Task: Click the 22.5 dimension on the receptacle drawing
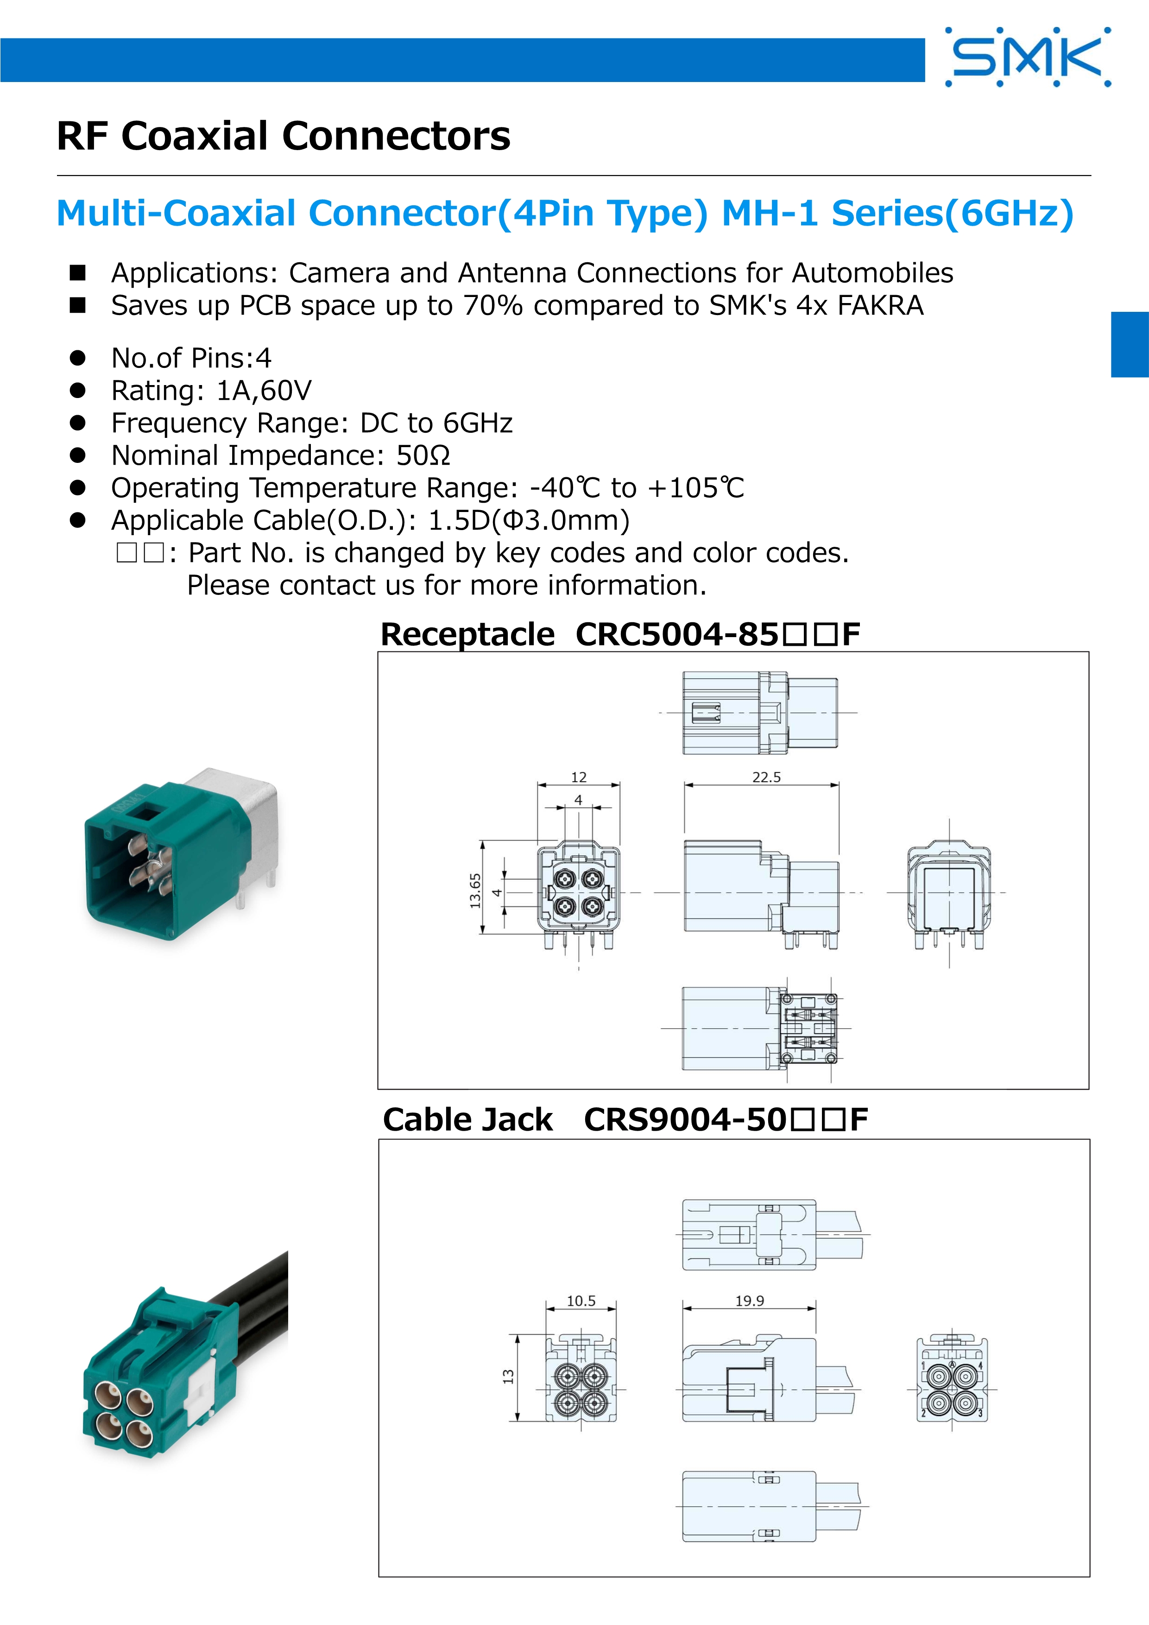(766, 777)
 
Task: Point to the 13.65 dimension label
(475, 891)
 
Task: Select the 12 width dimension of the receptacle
(579, 777)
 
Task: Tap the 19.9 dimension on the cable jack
(749, 1301)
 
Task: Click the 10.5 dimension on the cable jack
(581, 1301)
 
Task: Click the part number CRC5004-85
(677, 634)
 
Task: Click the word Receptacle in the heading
(467, 635)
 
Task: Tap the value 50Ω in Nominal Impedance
(423, 455)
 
